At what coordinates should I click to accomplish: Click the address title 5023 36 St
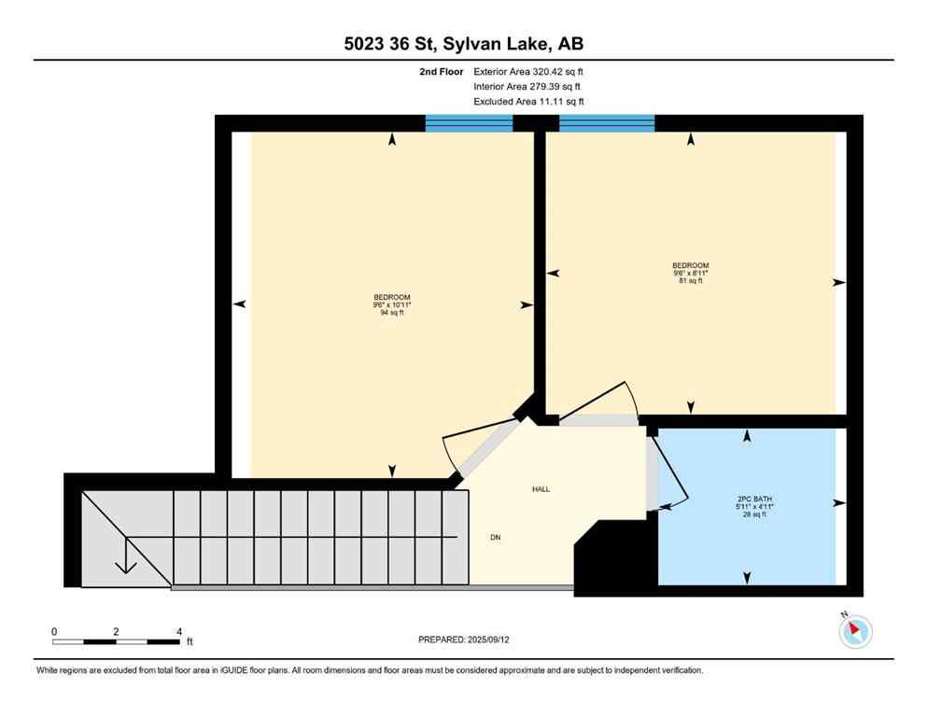[x=463, y=43]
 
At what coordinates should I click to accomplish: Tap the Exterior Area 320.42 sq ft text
[x=528, y=71]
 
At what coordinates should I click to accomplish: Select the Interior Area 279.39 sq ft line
[x=528, y=86]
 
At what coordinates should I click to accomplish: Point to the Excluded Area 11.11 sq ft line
[x=528, y=102]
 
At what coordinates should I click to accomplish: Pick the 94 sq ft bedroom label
[x=392, y=305]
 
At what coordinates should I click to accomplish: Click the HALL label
[x=541, y=489]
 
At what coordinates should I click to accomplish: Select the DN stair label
[x=496, y=537]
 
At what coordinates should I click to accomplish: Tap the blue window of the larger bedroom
[x=469, y=123]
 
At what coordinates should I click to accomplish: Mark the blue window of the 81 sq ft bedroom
[x=606, y=123]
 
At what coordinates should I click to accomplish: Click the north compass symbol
[x=855, y=631]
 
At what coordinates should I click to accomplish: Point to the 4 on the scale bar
[x=177, y=631]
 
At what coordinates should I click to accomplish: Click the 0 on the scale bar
[x=54, y=631]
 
